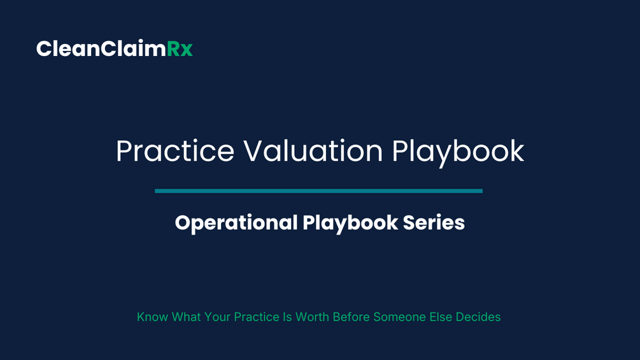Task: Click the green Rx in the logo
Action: point(180,49)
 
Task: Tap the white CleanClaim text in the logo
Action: point(101,48)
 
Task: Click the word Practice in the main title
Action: point(175,151)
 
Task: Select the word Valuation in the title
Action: point(313,151)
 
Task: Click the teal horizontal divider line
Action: point(319,191)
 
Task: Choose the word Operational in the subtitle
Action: point(236,223)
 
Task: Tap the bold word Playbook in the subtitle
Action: point(350,223)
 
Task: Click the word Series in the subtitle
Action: point(434,223)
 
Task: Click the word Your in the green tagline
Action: point(217,317)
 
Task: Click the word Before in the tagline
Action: point(351,317)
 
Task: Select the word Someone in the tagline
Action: point(399,317)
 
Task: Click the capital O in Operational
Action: point(183,223)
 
